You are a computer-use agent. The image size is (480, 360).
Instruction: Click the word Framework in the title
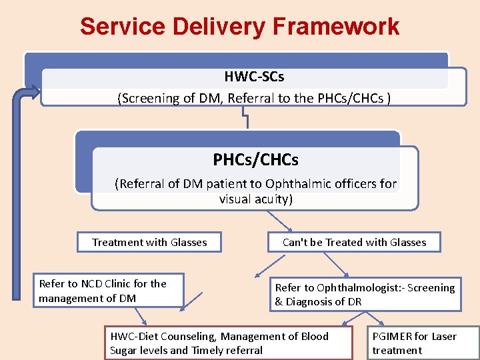tap(336, 26)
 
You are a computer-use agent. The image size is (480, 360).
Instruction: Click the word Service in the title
tap(123, 26)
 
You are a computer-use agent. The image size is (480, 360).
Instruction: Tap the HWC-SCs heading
tap(254, 77)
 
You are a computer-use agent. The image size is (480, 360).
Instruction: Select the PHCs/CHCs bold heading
tap(255, 159)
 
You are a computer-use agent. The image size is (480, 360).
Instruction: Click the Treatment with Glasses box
tap(149, 242)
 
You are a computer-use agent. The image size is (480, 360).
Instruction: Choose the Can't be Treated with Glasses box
tap(354, 242)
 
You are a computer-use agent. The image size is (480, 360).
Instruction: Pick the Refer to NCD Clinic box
tap(109, 291)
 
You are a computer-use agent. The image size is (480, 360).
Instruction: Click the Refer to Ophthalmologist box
tap(365, 294)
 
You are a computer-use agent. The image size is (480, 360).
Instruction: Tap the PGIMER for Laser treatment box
tap(423, 343)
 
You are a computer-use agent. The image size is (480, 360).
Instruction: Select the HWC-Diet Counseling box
tap(229, 343)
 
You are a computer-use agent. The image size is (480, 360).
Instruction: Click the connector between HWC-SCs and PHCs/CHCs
tap(245, 117)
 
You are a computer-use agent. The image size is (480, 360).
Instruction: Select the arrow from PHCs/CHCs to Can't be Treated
tap(280, 221)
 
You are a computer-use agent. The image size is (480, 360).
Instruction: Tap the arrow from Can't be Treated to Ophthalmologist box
tap(336, 265)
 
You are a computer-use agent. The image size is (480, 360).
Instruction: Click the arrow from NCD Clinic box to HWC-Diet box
tap(141, 317)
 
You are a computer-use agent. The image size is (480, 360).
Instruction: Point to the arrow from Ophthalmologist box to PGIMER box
tap(374, 319)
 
